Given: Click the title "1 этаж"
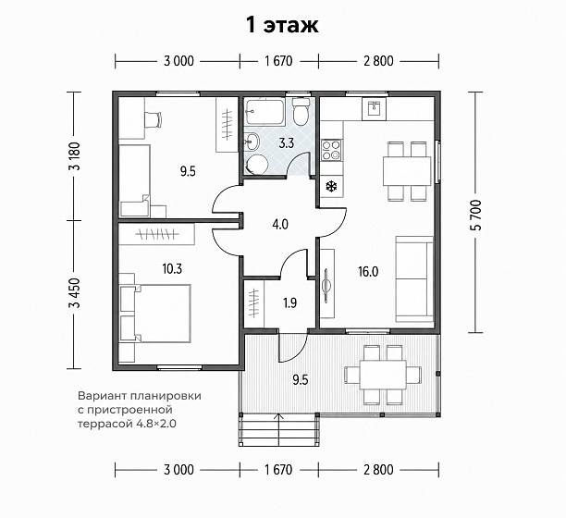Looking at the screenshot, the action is point(282,25).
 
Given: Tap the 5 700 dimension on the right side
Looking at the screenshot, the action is point(476,215).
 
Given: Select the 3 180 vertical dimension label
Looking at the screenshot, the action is point(76,156).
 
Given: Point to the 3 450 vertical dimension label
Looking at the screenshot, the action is point(76,292).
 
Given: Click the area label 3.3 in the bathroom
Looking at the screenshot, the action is point(287,143).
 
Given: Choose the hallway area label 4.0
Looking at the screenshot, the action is point(280,225).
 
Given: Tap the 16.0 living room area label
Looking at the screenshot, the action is point(368,271).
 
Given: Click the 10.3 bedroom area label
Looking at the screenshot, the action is point(172,268).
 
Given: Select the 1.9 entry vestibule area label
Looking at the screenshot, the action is point(289,302).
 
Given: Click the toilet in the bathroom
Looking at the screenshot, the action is point(301,111).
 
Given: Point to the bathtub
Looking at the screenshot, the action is point(265,112).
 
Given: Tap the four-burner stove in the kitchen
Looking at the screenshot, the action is point(331,150).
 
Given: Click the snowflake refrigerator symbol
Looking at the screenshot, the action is point(331,186).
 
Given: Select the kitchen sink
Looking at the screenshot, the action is point(375,108).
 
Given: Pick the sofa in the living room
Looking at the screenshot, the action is point(414,278).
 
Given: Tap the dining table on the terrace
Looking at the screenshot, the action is point(383,375).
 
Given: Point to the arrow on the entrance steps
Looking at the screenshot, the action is point(278,429).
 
